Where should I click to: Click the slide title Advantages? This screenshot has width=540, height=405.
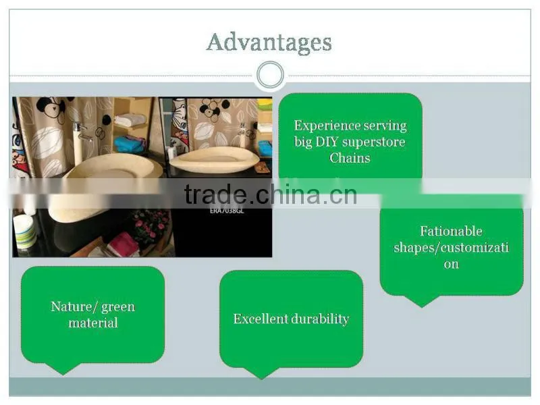(269, 43)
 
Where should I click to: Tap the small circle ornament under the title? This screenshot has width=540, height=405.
(271, 75)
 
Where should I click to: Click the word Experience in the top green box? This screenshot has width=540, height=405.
(320, 126)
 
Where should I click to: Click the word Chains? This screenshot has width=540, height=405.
(350, 158)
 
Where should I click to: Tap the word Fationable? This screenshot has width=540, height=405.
(451, 231)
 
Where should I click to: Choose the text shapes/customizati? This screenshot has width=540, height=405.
(451, 248)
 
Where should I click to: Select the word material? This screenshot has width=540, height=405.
(93, 323)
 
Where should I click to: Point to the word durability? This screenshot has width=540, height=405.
(320, 319)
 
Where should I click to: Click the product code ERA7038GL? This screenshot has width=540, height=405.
(227, 211)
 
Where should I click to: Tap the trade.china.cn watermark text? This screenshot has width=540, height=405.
(271, 194)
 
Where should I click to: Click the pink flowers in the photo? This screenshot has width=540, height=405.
(151, 225)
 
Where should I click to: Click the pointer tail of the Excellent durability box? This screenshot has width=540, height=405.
(261, 373)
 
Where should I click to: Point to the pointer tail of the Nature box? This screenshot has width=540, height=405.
(63, 369)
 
